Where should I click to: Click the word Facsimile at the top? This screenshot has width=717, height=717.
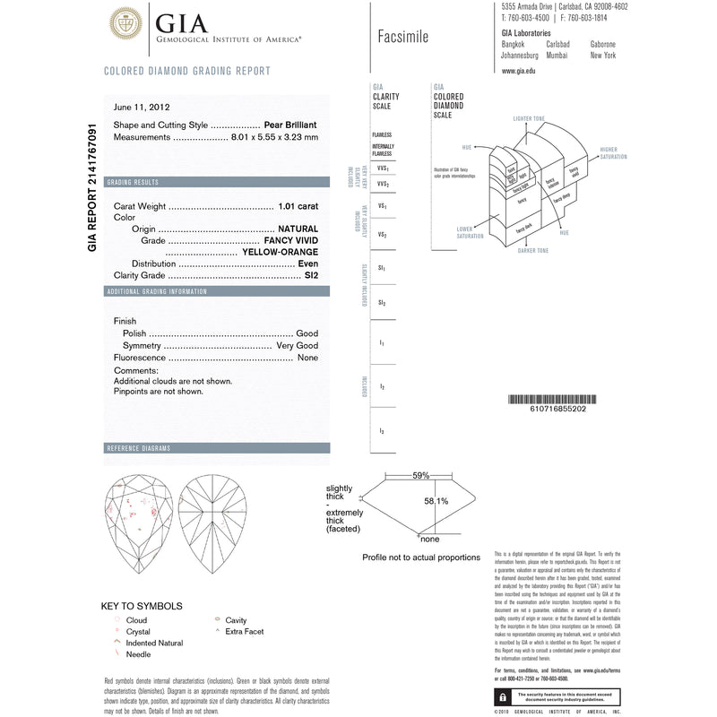[398, 37]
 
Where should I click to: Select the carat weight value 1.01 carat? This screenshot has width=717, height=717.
[298, 205]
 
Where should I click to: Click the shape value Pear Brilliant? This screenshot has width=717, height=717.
[291, 125]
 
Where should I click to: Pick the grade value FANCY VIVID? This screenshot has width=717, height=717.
[291, 240]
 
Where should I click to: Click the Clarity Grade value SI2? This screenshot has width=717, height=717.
[310, 275]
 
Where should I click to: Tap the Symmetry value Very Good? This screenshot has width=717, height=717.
[297, 345]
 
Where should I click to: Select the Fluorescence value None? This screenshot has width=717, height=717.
[307, 358]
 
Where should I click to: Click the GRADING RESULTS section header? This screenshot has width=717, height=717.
[133, 182]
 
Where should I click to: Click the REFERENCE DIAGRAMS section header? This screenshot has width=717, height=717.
[138, 448]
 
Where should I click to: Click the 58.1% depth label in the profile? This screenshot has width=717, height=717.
[436, 501]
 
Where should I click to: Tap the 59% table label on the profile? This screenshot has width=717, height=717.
[420, 476]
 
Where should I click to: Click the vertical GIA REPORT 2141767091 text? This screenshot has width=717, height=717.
[92, 188]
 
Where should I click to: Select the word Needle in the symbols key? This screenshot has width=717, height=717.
[139, 654]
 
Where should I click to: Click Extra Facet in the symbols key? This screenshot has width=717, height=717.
[246, 632]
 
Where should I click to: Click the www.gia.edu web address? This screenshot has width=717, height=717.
[519, 70]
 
